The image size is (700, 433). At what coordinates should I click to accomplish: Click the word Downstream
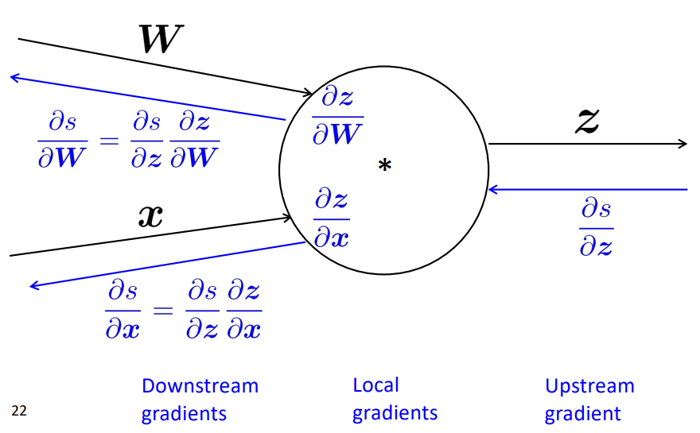(200, 386)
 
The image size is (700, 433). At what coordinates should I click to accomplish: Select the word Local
(375, 385)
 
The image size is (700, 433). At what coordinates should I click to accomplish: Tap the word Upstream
(589, 386)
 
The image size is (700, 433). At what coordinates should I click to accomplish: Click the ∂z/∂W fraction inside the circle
(337, 116)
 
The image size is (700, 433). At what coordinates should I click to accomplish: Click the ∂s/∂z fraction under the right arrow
(596, 229)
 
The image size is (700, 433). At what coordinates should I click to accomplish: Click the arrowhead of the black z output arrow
(682, 144)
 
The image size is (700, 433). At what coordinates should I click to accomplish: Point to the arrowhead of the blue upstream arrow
(493, 189)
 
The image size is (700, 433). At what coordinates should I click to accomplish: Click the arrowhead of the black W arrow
(310, 94)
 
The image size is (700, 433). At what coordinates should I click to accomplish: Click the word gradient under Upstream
(582, 413)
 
